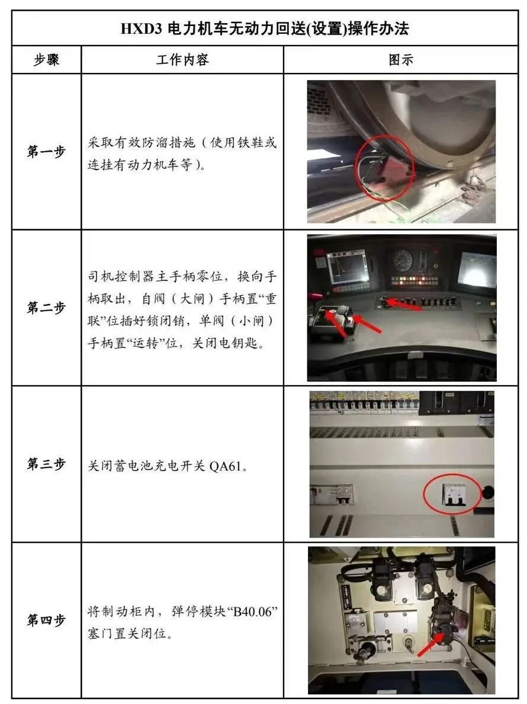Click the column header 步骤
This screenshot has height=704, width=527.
pos(46,60)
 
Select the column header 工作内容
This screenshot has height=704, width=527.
pos(182,60)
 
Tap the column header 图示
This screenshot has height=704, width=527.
pos(400,60)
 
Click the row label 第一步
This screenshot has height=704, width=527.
pos(46,151)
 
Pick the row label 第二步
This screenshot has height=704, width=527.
pos(46,308)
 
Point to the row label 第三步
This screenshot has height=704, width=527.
pos(46,464)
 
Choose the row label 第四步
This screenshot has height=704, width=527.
pos(46,620)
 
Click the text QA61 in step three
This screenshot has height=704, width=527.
pos(225,466)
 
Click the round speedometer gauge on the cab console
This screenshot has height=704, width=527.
pos(402,260)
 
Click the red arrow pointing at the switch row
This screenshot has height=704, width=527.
pos(403,305)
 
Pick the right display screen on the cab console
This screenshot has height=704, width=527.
pos(477,268)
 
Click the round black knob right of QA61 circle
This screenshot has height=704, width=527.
pos(487,492)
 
